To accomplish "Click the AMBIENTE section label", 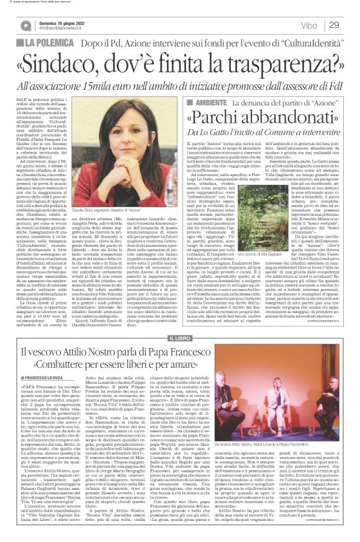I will click(206, 102).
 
